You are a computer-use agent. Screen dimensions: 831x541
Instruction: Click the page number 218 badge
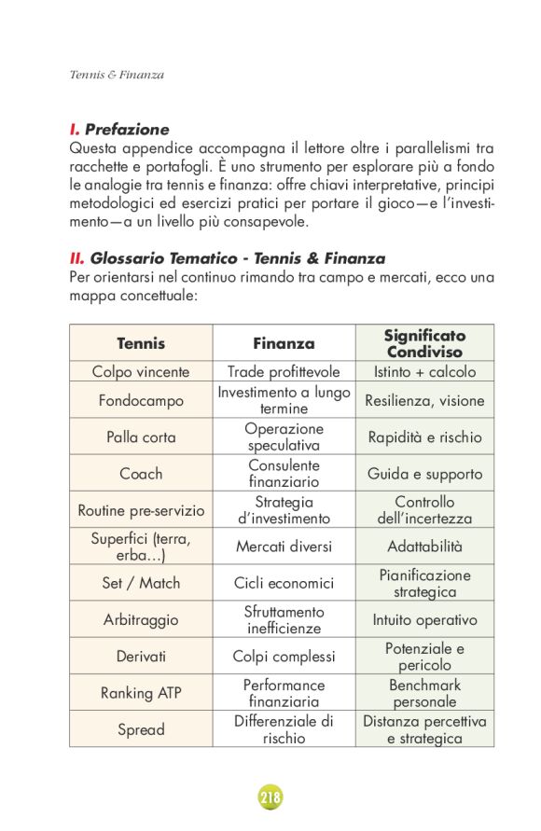tap(270, 798)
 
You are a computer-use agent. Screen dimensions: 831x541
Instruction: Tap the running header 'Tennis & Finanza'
tap(117, 75)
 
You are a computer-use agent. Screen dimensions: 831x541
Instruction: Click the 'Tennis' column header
tap(141, 343)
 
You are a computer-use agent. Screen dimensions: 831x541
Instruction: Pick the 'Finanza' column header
tap(284, 343)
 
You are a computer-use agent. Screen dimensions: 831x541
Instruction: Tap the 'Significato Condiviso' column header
tap(424, 343)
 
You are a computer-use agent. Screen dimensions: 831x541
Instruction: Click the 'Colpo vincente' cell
tap(141, 371)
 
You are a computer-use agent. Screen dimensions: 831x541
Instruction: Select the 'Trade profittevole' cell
tap(284, 371)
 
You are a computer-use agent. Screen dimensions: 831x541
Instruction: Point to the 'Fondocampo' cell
tap(141, 401)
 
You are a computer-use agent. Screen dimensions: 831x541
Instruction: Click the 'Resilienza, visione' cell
tap(424, 401)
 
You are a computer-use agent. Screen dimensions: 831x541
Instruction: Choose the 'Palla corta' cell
tap(141, 436)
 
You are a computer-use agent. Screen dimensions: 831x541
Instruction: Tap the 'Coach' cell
tap(141, 473)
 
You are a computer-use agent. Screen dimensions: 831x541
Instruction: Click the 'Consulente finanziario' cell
tap(284, 473)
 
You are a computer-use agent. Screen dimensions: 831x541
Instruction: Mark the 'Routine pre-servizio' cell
tap(141, 510)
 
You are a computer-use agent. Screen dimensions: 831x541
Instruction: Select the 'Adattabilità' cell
tap(424, 547)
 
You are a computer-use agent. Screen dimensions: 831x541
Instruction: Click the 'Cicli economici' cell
tap(284, 583)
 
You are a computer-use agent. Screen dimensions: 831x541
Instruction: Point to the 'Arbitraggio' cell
tap(141, 619)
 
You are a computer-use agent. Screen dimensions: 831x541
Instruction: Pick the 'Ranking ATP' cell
tap(141, 693)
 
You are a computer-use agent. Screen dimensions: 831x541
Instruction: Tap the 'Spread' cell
tap(141, 729)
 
